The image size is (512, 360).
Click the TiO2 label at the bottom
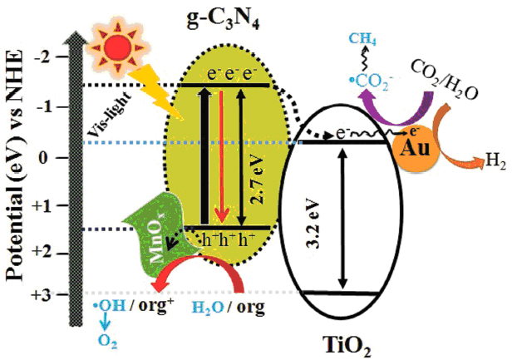tap(344, 341)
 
